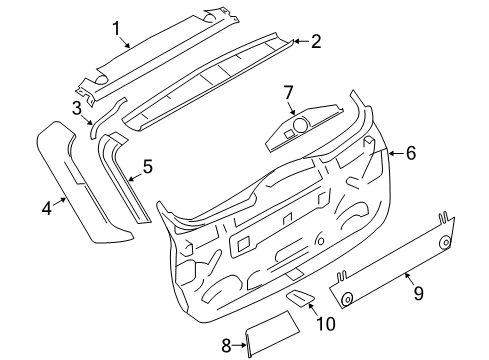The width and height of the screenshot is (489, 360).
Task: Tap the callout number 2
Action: point(315,42)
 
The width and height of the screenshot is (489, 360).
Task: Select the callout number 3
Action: point(76,108)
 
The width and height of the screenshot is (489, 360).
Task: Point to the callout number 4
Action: point(46,208)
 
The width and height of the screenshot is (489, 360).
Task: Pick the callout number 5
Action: point(147,166)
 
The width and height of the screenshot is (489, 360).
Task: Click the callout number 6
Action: point(408,153)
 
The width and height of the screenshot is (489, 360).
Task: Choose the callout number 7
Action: point(288,93)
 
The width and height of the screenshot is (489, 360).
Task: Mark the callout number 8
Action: point(226,346)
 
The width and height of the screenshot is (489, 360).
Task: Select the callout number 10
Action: point(326,322)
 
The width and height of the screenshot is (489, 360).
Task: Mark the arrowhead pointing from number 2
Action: point(297,42)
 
